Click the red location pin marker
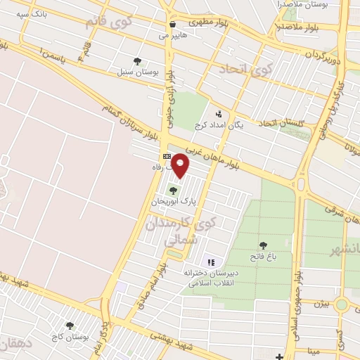pos(181,165)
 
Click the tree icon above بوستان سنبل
pos(138,61)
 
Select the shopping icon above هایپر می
pos(173,25)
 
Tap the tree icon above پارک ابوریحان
pos(173,191)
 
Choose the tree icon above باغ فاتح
pos(263,245)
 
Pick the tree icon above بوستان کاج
pos(70,326)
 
